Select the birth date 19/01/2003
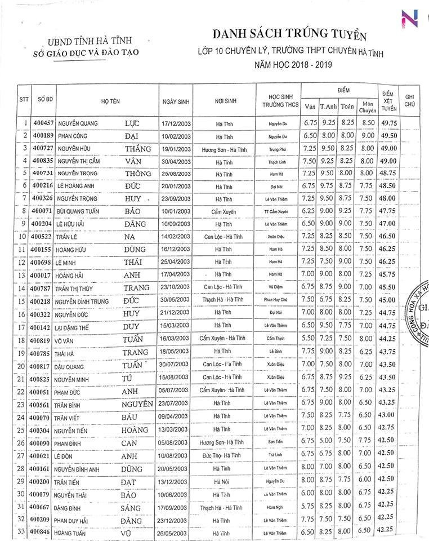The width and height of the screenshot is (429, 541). [177, 149]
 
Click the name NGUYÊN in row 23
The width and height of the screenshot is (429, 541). [137, 404]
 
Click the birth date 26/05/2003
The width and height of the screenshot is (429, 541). [177, 532]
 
